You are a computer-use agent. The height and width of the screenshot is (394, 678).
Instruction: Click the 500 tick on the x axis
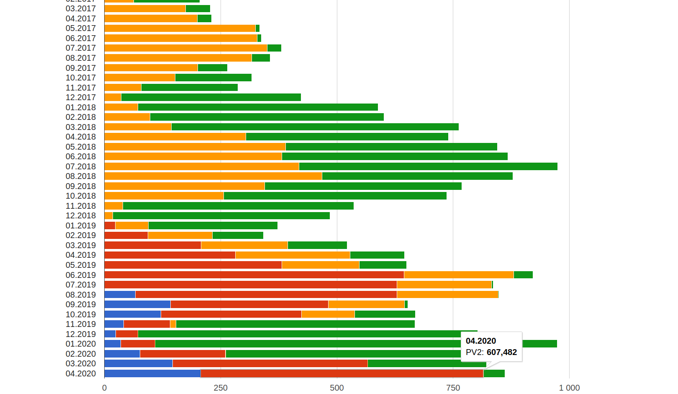coord(336,388)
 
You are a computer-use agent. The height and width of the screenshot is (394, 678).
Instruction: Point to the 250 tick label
coord(221,388)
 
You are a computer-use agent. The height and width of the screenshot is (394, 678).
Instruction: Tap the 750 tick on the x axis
coord(453,388)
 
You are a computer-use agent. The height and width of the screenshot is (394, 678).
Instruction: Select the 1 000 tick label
coord(569,388)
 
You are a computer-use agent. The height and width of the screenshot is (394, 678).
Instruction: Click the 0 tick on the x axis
coord(104,388)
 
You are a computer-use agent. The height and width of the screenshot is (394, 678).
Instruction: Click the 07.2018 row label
coord(81,166)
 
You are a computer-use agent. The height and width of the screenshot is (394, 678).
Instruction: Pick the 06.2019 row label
coord(81,275)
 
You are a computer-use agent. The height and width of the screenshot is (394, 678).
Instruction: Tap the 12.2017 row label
coord(81,97)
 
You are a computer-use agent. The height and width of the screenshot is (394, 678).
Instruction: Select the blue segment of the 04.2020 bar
coord(152,373)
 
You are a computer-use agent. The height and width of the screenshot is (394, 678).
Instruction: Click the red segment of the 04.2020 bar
coord(342,373)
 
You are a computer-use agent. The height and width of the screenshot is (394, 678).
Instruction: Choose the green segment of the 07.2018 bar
coord(428,166)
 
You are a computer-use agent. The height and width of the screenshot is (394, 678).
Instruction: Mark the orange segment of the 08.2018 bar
coord(213,176)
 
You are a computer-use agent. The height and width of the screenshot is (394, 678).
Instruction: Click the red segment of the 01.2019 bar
coord(110,226)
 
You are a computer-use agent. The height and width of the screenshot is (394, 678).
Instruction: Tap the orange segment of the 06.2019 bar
coord(459,275)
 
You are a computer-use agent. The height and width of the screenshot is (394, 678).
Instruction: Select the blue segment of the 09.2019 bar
coord(137,304)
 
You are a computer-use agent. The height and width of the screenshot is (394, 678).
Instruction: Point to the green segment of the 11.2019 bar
coord(295,324)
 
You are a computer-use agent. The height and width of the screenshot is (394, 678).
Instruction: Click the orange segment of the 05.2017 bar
coord(180,28)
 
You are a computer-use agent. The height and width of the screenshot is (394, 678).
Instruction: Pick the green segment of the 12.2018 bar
coord(221,215)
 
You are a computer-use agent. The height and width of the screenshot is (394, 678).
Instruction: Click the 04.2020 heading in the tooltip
coord(481,341)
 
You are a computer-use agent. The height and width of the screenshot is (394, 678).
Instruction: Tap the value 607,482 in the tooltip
coord(501,352)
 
